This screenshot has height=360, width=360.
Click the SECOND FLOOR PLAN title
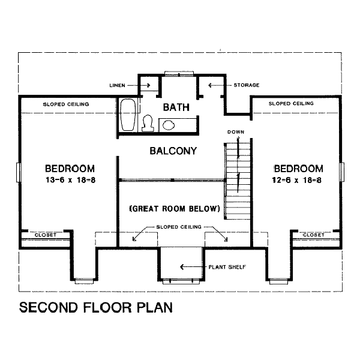point(96,308)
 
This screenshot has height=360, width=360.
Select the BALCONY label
point(173,151)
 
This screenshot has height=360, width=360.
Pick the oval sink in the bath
point(169,125)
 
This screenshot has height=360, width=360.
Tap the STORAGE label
point(247,85)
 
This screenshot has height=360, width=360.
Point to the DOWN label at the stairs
point(236,131)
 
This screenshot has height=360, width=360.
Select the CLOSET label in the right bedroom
point(313,235)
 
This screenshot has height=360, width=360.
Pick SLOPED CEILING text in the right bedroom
point(291,103)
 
